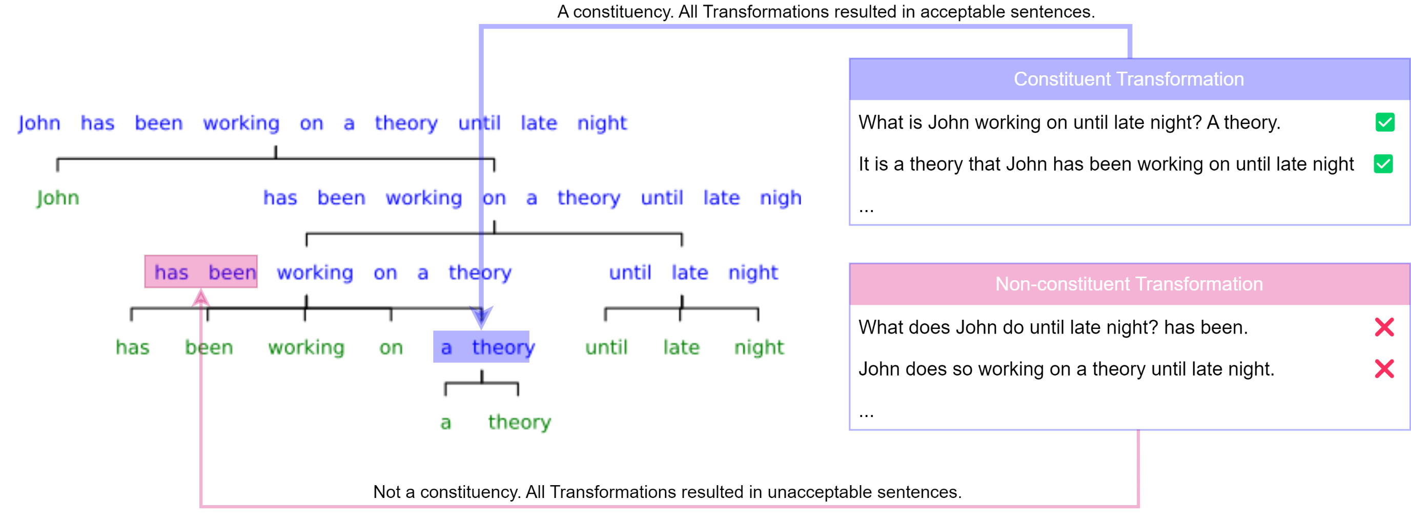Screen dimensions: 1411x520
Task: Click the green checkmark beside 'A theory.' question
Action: pos(1385,122)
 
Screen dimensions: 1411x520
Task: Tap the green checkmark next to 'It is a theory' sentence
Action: pos(1384,163)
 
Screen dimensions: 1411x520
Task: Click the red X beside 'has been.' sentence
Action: pos(1384,327)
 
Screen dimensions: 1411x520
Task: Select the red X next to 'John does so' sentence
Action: pos(1384,368)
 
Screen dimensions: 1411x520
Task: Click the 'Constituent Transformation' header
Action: pos(1129,79)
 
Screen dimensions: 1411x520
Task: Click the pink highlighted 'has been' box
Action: pos(201,272)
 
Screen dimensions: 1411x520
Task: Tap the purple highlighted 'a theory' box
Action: pos(481,346)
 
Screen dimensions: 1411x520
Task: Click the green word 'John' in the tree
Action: pos(58,198)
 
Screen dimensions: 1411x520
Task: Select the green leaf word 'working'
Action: pos(306,347)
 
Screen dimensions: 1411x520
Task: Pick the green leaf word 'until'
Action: pos(606,347)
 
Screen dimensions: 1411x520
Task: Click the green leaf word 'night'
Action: pos(759,347)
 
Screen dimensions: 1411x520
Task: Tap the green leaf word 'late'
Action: pos(681,347)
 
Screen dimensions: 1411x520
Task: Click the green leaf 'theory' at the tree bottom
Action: pos(519,422)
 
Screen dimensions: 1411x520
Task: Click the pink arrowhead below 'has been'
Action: pos(201,298)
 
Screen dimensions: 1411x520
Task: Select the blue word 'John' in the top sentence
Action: pos(39,123)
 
